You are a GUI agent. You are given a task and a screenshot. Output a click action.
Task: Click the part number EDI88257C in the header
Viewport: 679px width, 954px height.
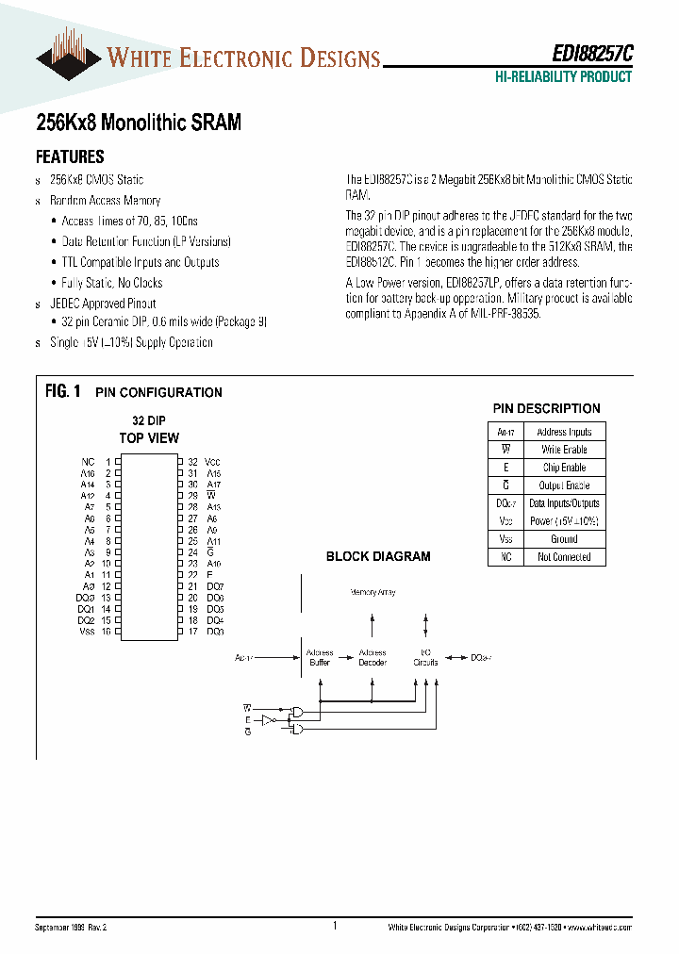(x=593, y=56)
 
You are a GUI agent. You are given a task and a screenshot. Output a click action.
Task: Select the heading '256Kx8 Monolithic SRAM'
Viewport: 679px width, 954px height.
(x=138, y=123)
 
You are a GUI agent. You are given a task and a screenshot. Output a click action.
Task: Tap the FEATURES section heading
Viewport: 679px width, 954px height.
(x=70, y=157)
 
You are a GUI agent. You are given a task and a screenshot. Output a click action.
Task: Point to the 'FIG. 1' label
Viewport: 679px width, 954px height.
(x=63, y=391)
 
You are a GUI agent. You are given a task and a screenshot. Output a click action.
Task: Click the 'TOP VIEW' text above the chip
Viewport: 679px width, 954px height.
(x=149, y=437)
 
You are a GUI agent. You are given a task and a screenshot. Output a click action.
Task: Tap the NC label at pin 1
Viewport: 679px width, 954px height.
(x=88, y=462)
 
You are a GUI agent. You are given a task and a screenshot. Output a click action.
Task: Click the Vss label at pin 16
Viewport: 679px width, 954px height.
(x=87, y=631)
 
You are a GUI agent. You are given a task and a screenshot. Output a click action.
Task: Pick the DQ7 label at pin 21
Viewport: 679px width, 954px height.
(x=214, y=586)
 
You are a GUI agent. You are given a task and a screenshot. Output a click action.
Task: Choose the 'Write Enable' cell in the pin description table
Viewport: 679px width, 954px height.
(x=564, y=450)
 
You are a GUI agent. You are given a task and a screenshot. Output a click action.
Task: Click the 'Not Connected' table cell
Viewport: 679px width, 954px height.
(x=564, y=557)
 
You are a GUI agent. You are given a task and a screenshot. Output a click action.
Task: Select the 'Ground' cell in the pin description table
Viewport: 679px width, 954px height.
(x=564, y=539)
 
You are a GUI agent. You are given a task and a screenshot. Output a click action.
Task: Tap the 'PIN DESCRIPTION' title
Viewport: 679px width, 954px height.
(x=546, y=408)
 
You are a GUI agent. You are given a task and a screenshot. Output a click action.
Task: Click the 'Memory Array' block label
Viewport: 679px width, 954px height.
(x=373, y=592)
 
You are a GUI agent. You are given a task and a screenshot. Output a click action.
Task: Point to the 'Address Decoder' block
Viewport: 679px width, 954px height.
(x=373, y=657)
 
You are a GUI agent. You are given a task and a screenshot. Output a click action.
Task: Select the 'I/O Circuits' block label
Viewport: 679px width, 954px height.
(x=425, y=657)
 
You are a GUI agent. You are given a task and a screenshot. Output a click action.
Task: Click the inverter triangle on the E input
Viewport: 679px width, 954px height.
(x=267, y=719)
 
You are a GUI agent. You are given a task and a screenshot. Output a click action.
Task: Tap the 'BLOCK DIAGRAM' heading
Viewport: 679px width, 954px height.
(x=378, y=556)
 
